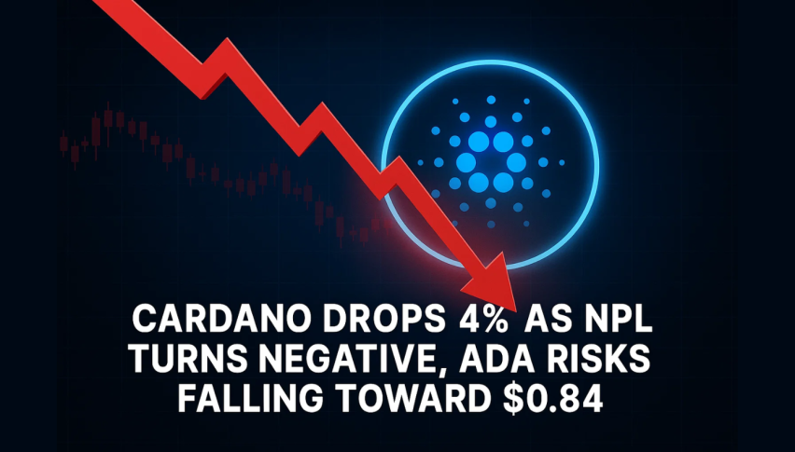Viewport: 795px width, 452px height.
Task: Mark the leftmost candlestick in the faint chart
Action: (x=63, y=143)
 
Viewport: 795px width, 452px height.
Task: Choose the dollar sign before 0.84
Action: (x=512, y=399)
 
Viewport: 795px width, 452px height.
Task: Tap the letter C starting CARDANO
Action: (x=144, y=320)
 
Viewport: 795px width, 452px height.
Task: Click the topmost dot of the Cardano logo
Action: (x=491, y=101)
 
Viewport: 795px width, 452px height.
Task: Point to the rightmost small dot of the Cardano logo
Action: (x=562, y=162)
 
